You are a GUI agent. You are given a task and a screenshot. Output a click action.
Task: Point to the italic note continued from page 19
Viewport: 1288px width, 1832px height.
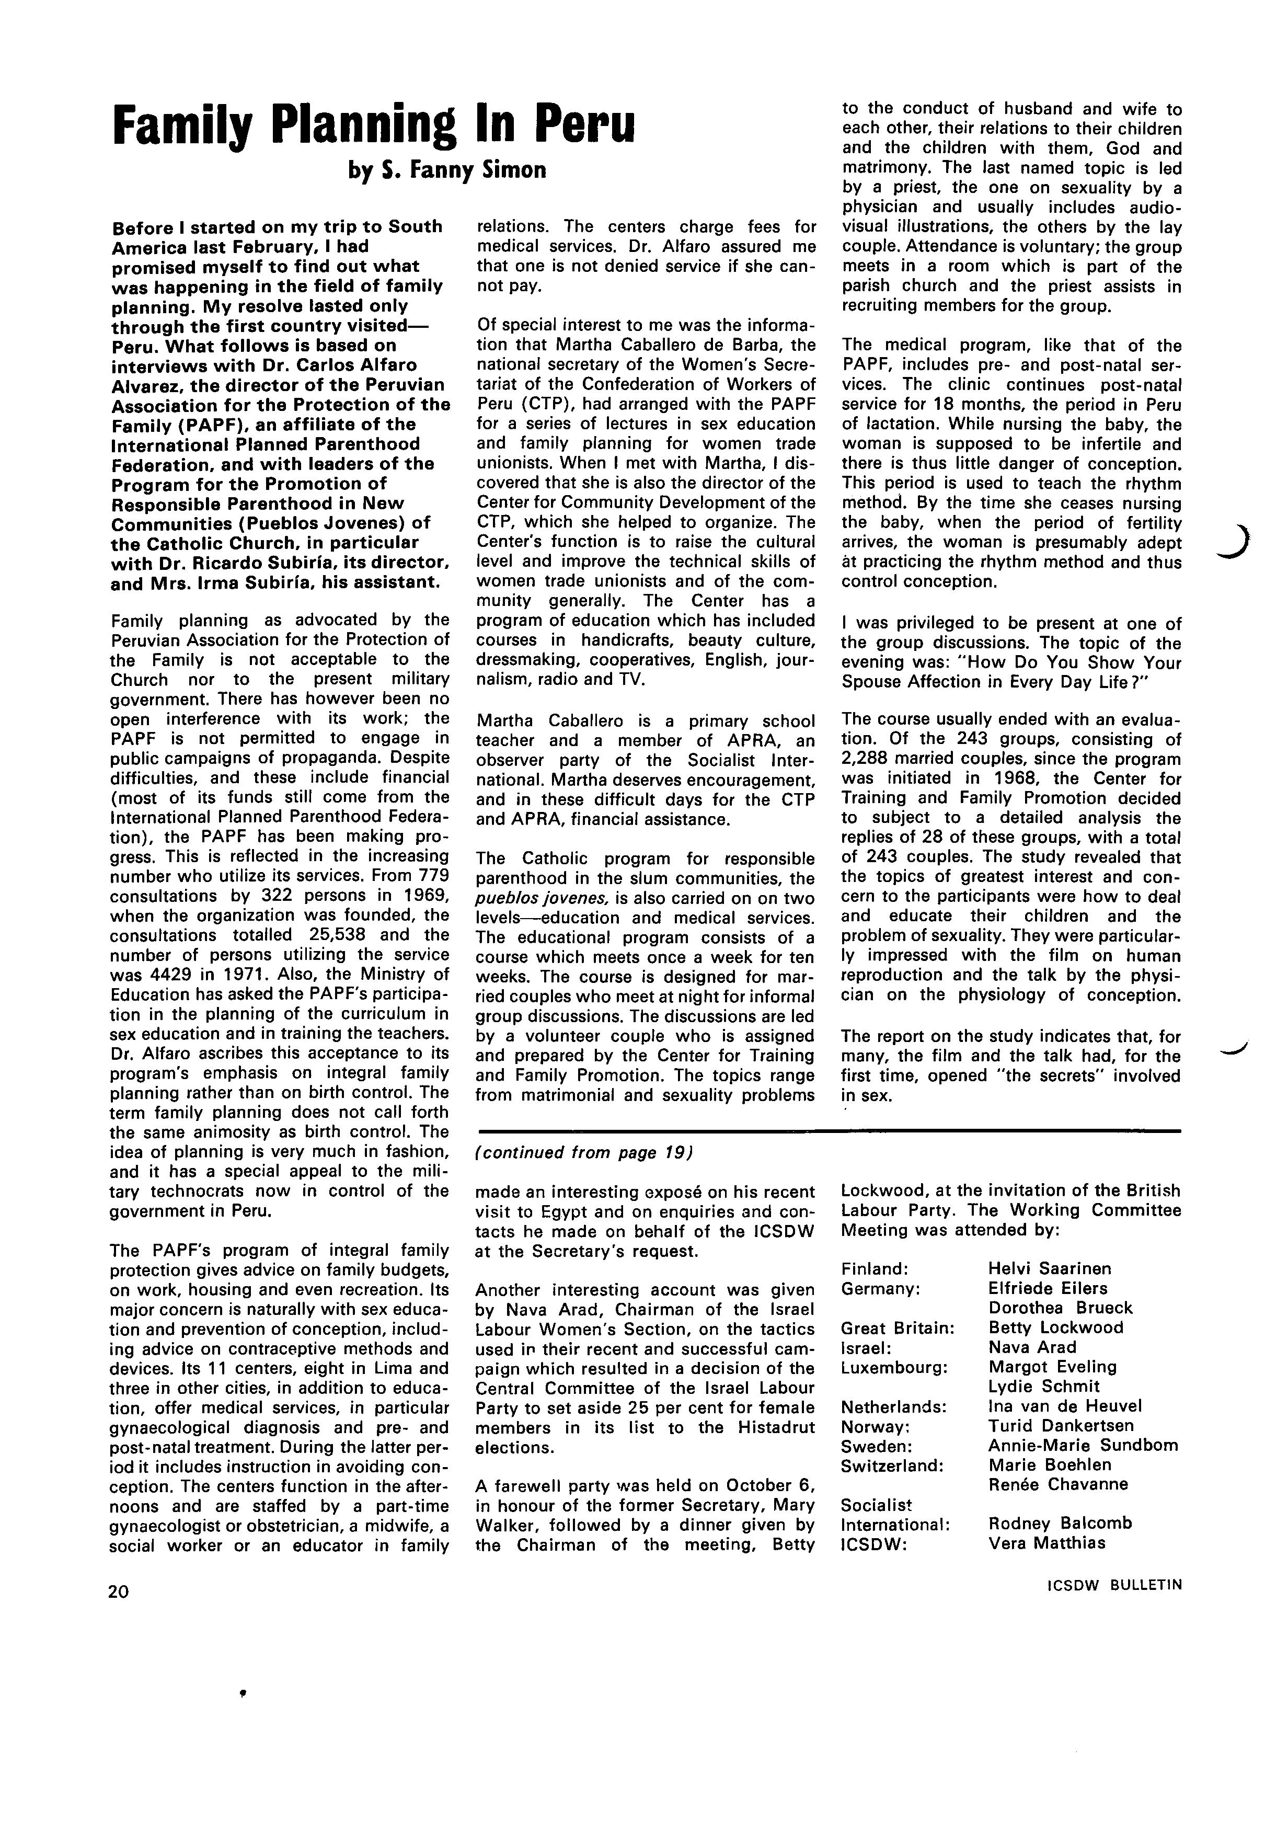pos(584,1153)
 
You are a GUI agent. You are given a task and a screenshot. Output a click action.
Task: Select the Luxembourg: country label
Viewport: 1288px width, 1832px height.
pos(894,1367)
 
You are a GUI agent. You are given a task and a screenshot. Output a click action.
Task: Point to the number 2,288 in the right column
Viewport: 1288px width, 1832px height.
pos(868,759)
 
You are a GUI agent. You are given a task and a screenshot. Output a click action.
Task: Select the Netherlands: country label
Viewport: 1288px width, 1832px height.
pos(893,1406)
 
